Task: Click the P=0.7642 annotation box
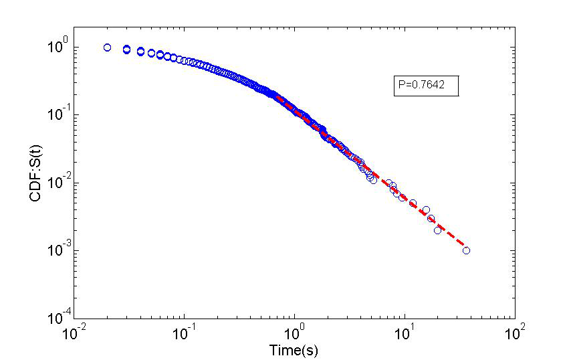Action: (425, 86)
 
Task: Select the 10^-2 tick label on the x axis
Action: (74, 331)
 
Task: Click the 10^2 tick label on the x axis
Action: (515, 331)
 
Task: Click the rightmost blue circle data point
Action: (466, 250)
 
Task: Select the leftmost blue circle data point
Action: (107, 48)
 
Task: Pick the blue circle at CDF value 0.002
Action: (437, 230)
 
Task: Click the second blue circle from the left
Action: (126, 50)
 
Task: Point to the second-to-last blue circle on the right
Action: (437, 230)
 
